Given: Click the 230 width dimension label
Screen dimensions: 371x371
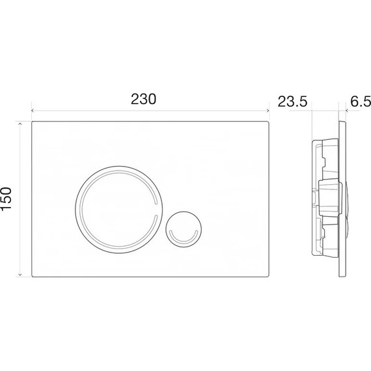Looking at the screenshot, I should (x=144, y=100).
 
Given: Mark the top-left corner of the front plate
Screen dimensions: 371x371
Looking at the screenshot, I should (x=33, y=122).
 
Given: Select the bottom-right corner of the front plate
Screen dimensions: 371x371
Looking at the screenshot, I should (x=269, y=276).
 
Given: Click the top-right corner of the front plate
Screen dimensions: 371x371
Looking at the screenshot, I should (x=269, y=122).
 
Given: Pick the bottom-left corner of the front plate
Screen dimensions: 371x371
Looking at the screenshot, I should (x=33, y=276).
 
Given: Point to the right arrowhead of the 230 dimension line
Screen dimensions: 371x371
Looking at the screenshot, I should (x=268, y=111).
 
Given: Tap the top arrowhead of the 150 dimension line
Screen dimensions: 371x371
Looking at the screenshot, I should (x=22, y=123).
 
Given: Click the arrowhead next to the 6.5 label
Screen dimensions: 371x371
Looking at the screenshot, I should (x=347, y=111).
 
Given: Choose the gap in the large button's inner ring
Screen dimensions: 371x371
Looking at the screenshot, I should (x=157, y=208).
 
